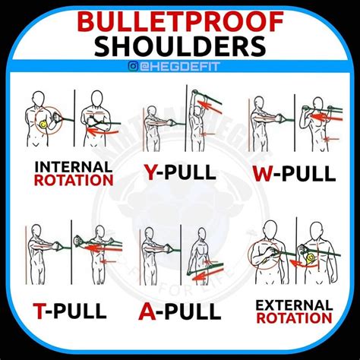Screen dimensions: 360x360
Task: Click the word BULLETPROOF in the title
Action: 179,22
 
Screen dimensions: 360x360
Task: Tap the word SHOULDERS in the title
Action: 179,48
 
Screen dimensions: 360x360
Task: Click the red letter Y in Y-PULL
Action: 151,173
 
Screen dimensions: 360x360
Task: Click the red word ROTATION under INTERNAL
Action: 74,180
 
